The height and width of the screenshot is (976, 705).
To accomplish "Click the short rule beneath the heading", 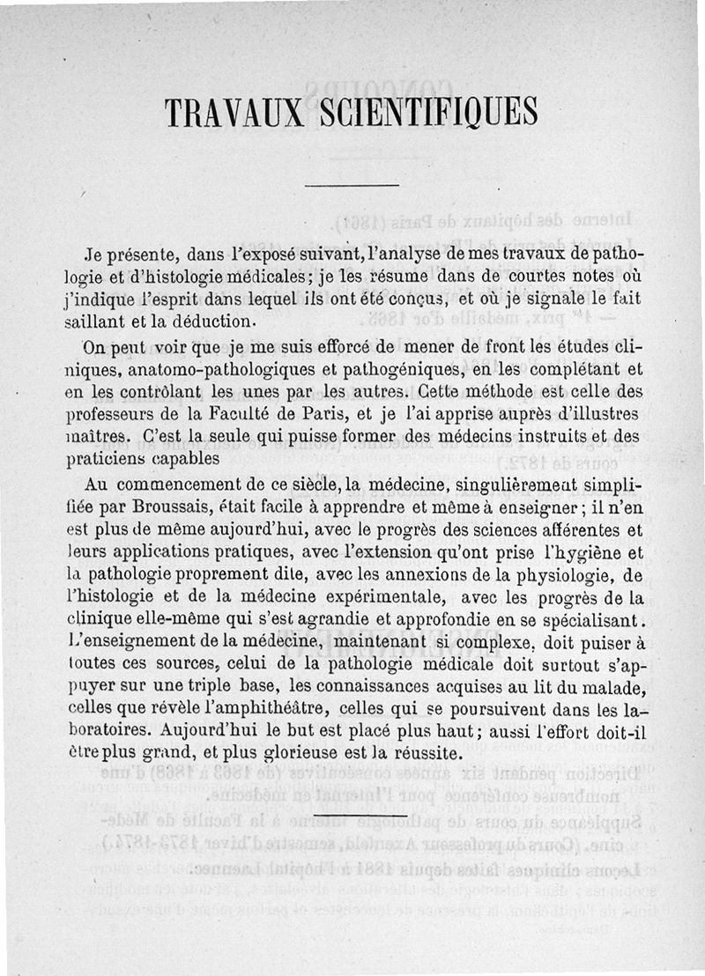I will point(352,185).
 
